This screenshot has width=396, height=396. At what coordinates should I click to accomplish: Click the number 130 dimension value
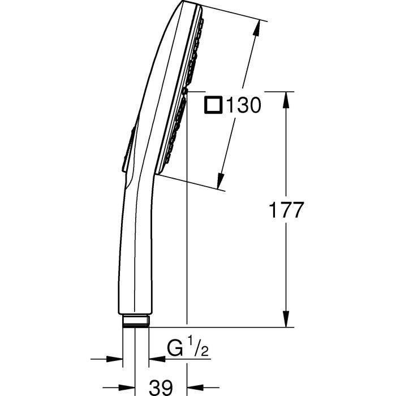(244, 105)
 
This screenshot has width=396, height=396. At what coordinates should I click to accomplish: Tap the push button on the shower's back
(127, 148)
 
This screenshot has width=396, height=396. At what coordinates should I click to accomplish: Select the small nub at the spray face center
(185, 91)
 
